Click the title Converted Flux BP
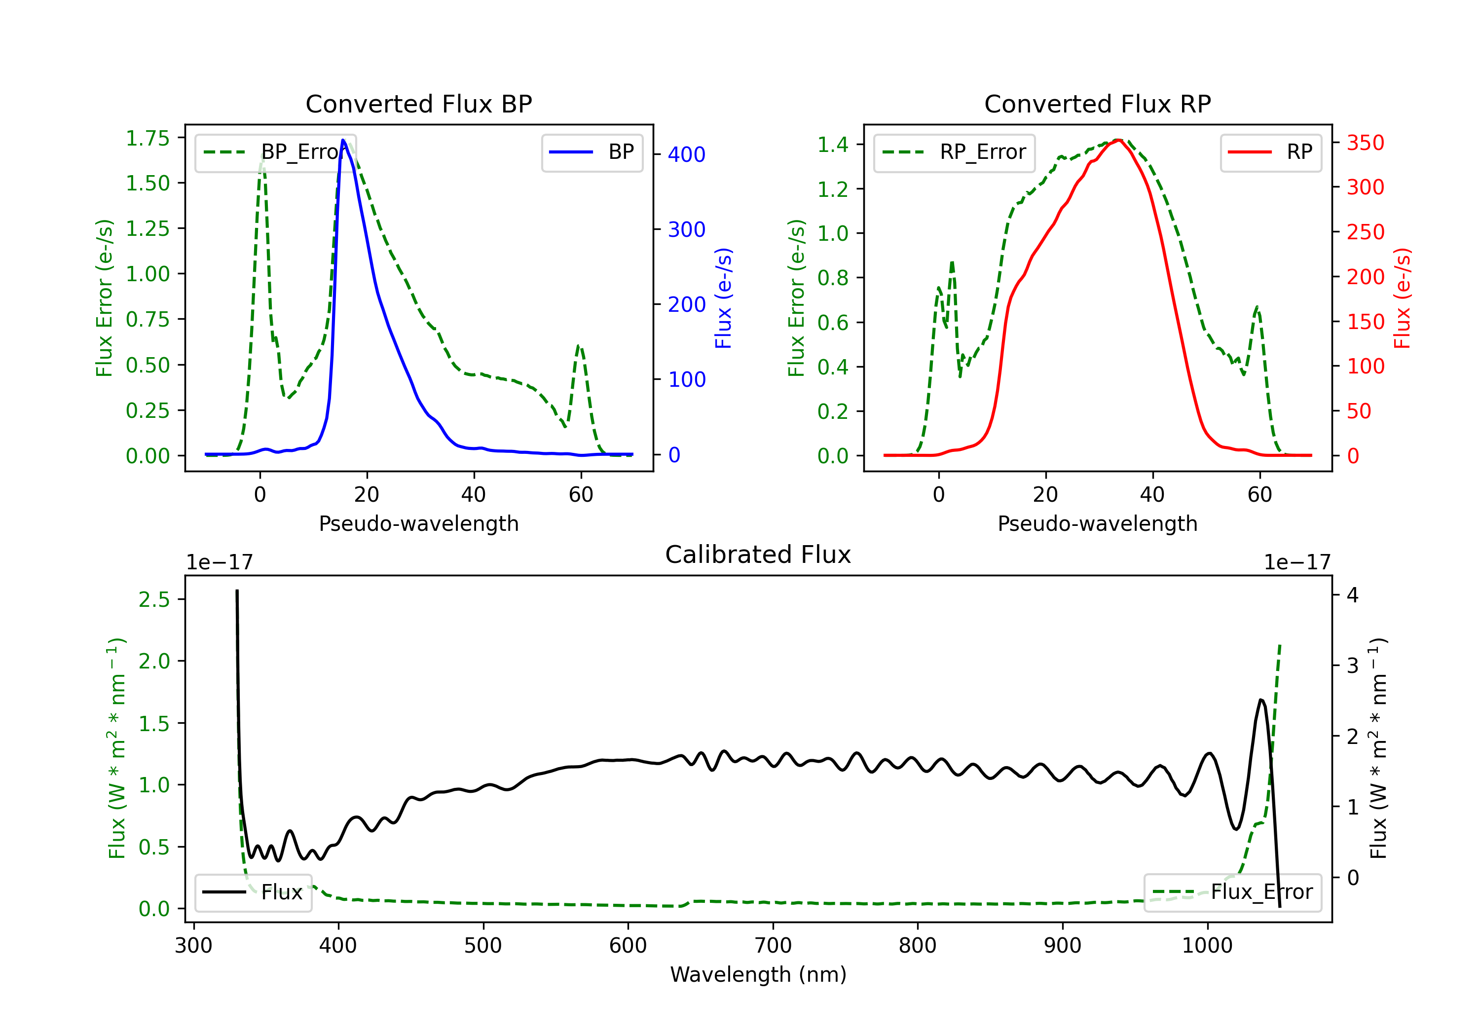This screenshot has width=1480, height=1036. pos(418,104)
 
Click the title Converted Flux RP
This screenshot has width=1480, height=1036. pos(1097,104)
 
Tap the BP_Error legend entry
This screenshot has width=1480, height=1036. pos(276,152)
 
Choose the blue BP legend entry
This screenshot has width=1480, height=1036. pos(592,152)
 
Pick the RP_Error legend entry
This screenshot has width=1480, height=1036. pos(954,152)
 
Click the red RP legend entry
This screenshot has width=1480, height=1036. pos(1270,152)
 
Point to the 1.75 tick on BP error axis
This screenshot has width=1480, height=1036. pos(147,138)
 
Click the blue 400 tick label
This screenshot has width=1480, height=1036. pos(687,155)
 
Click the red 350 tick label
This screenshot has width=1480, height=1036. pos(1365,143)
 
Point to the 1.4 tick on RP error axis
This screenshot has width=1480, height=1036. pos(832,145)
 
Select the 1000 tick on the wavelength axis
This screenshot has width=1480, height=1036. pos(1207,945)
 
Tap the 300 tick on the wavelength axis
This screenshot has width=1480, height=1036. pos(193,945)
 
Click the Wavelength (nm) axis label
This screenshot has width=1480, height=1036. pos(758,974)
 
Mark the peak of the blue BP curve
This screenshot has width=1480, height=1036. pos(343,140)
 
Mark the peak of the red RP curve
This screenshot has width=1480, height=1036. pos(1118,140)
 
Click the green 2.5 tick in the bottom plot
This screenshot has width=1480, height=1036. pos(154,599)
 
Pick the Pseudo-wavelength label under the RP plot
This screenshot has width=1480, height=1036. pos(1097,523)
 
